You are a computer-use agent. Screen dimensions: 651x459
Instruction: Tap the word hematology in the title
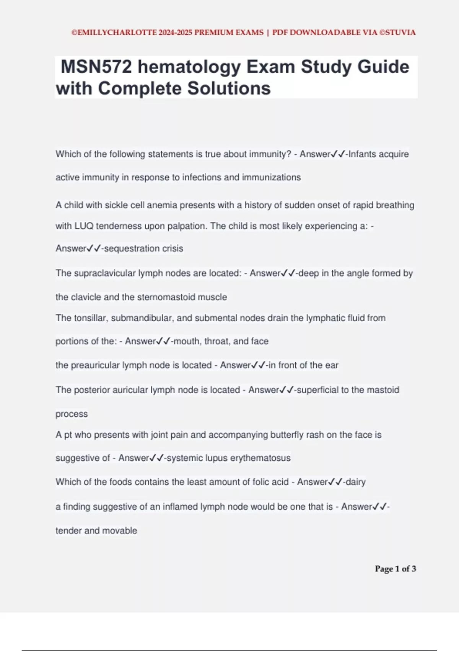(x=189, y=67)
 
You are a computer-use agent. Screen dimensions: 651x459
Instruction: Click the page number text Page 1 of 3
(x=396, y=569)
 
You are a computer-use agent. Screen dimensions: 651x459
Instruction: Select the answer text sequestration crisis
(x=143, y=249)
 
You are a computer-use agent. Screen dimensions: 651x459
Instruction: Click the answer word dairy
(x=355, y=482)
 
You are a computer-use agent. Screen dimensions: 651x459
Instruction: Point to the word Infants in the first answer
(x=362, y=154)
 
